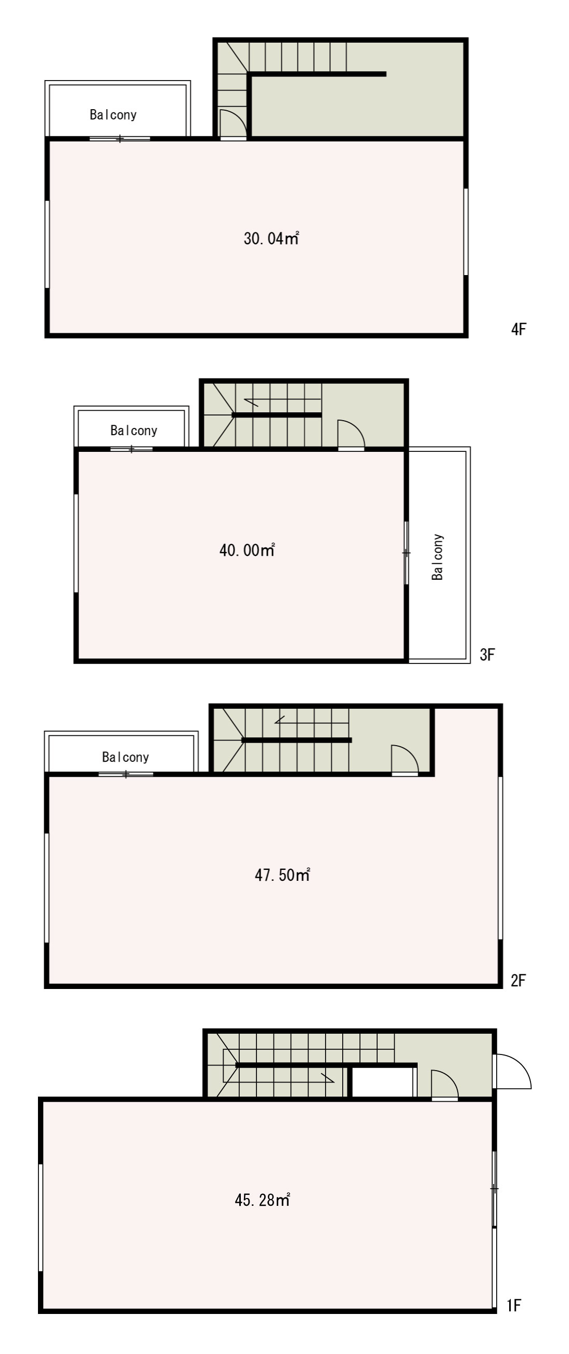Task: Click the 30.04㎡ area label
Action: click(x=271, y=239)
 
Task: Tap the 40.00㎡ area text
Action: click(x=247, y=550)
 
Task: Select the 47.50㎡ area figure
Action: click(x=282, y=875)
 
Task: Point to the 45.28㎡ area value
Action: click(x=263, y=1201)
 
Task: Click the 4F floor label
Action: click(x=519, y=330)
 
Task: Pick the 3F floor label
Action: click(x=487, y=655)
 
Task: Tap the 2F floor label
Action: click(x=518, y=980)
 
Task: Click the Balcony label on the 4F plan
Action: click(x=113, y=114)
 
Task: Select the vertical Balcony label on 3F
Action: click(x=437, y=557)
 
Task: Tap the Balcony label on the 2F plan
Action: click(x=125, y=757)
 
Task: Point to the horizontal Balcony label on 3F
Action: click(x=134, y=431)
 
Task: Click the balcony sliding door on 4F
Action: click(x=120, y=139)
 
